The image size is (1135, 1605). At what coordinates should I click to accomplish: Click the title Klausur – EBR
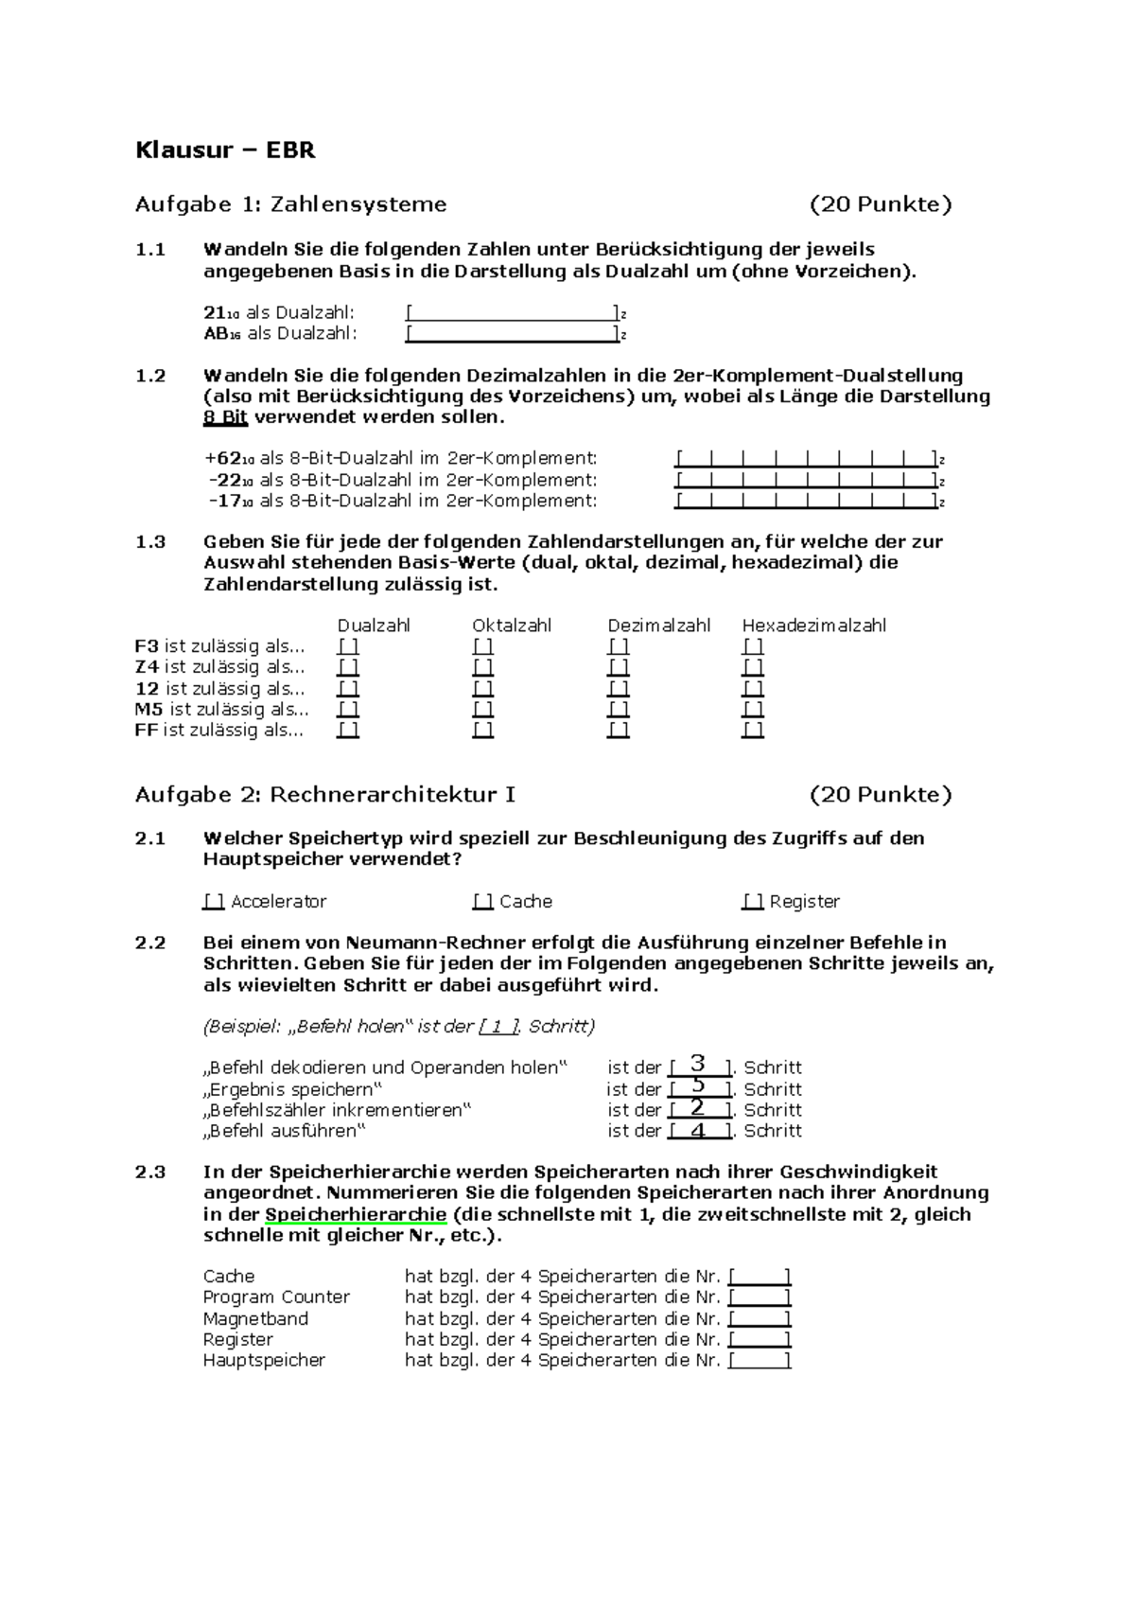pyautogui.click(x=225, y=150)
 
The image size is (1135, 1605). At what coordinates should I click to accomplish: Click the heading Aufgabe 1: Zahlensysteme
pyautogui.click(x=290, y=204)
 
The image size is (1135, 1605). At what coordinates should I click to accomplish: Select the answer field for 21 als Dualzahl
pyautogui.click(x=512, y=312)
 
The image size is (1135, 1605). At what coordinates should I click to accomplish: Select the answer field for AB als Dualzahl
pyautogui.click(x=512, y=333)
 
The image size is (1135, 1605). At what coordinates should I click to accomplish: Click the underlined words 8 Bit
pyautogui.click(x=225, y=417)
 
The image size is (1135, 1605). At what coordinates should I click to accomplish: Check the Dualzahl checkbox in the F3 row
pyautogui.click(x=348, y=646)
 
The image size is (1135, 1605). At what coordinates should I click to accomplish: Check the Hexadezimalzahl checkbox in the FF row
pyautogui.click(x=753, y=730)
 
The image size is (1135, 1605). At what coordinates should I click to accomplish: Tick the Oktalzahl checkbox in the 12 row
pyautogui.click(x=483, y=688)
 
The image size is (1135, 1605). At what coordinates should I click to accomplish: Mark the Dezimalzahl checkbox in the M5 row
pyautogui.click(x=619, y=709)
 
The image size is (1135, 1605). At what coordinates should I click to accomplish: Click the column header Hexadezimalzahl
pyautogui.click(x=813, y=626)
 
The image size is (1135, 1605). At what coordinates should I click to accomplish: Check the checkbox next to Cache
pyautogui.click(x=482, y=902)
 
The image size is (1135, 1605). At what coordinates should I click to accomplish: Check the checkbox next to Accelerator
pyautogui.click(x=213, y=902)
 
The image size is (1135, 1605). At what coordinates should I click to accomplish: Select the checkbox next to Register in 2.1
pyautogui.click(x=752, y=902)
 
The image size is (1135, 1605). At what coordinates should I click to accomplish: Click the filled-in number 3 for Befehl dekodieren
pyautogui.click(x=698, y=1065)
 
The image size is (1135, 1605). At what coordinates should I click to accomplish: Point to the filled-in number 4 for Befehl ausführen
pyautogui.click(x=698, y=1130)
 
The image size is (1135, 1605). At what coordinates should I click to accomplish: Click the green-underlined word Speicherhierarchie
pyautogui.click(x=356, y=1214)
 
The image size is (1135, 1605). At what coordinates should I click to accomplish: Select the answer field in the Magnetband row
pyautogui.click(x=760, y=1318)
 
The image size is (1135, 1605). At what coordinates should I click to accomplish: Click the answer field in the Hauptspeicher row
pyautogui.click(x=760, y=1360)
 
